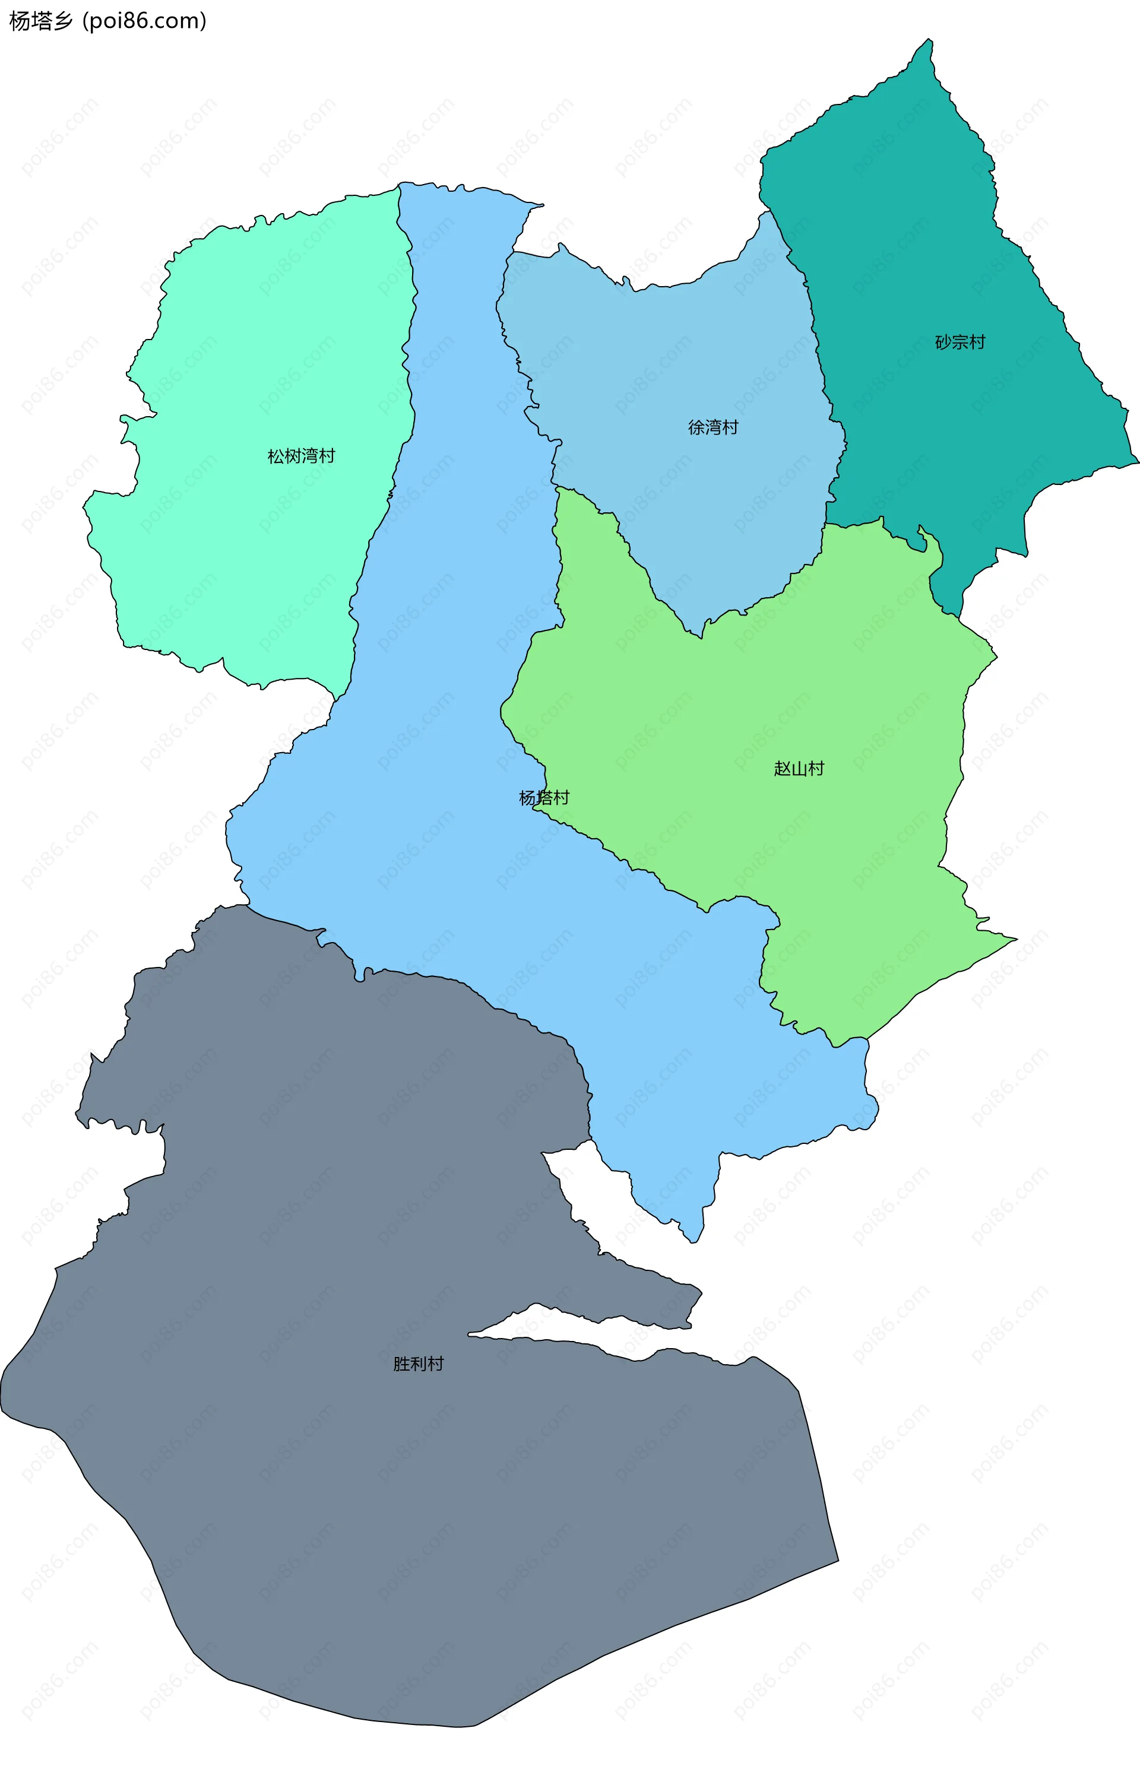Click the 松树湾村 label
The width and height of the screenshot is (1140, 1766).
tap(301, 456)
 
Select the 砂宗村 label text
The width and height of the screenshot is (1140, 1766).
tap(960, 342)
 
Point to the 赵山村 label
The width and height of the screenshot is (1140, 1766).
tap(799, 768)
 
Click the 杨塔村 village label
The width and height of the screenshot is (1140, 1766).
tap(544, 797)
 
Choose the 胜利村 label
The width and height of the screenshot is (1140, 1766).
tap(418, 1364)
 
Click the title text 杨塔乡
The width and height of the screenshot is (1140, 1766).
tap(42, 21)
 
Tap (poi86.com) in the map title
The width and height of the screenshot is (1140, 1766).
tap(144, 21)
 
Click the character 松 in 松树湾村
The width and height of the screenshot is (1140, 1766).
tap(276, 456)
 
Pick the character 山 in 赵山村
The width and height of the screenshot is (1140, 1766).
tap(799, 768)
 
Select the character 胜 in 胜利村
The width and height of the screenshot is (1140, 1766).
tap(401, 1364)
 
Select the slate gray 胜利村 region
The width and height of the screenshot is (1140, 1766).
tap(444, 1517)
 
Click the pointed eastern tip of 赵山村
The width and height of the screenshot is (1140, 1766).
tap(1016, 939)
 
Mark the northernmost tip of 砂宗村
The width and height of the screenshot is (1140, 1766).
tap(930, 40)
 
